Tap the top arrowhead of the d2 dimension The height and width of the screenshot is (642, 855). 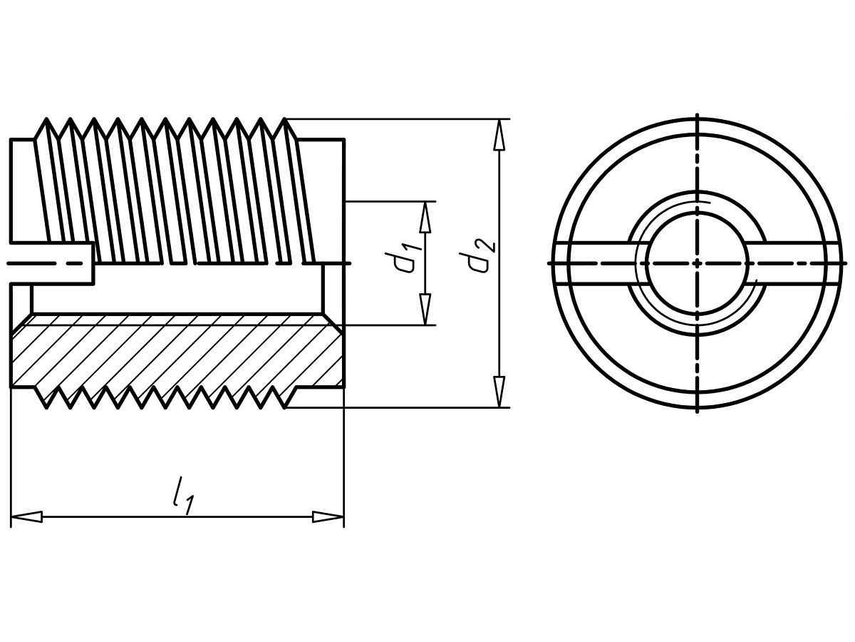[x=499, y=135]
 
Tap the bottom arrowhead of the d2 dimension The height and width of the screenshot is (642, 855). [x=499, y=392]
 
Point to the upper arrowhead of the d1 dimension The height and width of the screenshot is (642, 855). [x=425, y=218]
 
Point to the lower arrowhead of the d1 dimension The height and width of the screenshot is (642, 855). [x=425, y=310]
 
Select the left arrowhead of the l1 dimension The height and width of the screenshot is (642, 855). [x=26, y=517]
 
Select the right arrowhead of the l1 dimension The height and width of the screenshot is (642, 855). [x=328, y=517]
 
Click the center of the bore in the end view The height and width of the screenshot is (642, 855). [x=697, y=263]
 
